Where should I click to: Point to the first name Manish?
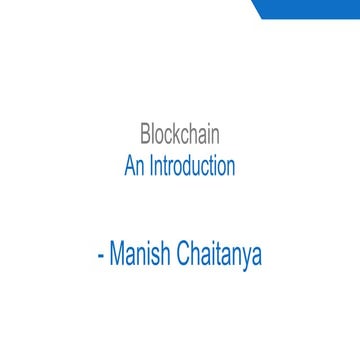click(140, 254)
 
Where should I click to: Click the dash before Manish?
click(100, 257)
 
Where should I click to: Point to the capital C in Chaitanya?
click(184, 254)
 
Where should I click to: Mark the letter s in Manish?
click(157, 256)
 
